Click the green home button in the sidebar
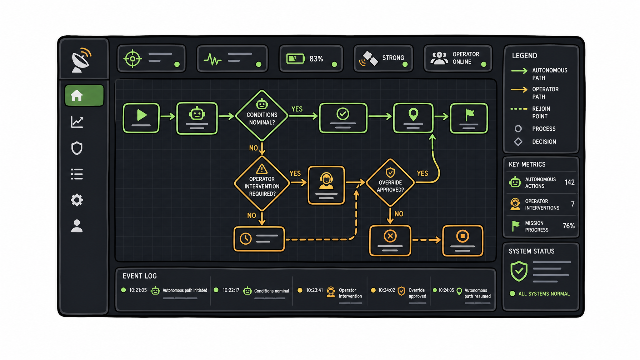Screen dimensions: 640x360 [x=84, y=95]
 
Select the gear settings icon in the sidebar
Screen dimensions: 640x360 [x=77, y=200]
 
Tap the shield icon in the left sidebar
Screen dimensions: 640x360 [x=77, y=148]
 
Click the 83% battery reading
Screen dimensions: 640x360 [x=316, y=59]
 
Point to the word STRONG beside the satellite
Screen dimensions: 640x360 [x=393, y=58]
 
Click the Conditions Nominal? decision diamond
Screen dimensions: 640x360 [x=262, y=115]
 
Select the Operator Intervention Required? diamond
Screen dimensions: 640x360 [x=262, y=184]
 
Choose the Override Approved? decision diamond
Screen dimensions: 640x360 [x=390, y=182]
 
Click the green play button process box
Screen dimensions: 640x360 [x=141, y=118]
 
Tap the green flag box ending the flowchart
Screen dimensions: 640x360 [x=469, y=118]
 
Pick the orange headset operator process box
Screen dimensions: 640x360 [x=326, y=185]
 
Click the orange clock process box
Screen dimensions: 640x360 [x=259, y=239]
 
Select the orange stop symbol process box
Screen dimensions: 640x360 [x=462, y=240]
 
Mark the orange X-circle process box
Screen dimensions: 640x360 [x=390, y=240]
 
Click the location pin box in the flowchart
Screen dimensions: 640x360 [x=413, y=118]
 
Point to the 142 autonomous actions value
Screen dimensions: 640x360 [x=570, y=182]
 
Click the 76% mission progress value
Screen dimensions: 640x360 [x=569, y=226]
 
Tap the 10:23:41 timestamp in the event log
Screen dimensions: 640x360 [x=314, y=290]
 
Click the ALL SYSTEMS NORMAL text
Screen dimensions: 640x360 [x=544, y=294]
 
